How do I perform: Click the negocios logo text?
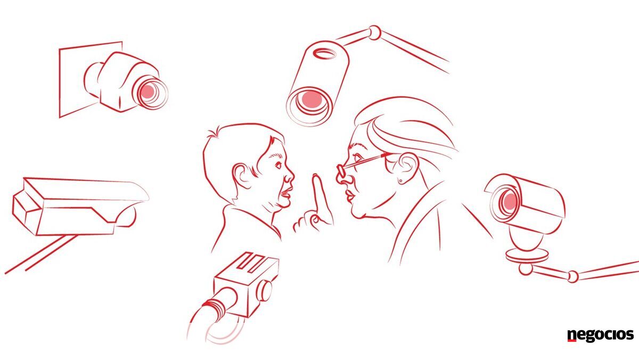tap(600, 335)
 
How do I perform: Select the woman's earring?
tap(401, 181)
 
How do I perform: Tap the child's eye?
tap(278, 165)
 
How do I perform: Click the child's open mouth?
tap(286, 193)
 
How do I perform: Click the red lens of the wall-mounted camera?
tap(148, 91)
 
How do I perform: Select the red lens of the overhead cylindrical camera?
tap(312, 99)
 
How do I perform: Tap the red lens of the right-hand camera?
tap(510, 202)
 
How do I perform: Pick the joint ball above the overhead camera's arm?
tap(374, 32)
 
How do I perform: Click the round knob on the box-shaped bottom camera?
tap(265, 290)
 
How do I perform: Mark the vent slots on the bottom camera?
tap(251, 262)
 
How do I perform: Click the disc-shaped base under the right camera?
tap(527, 256)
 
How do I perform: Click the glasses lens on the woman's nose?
tap(341, 170)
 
